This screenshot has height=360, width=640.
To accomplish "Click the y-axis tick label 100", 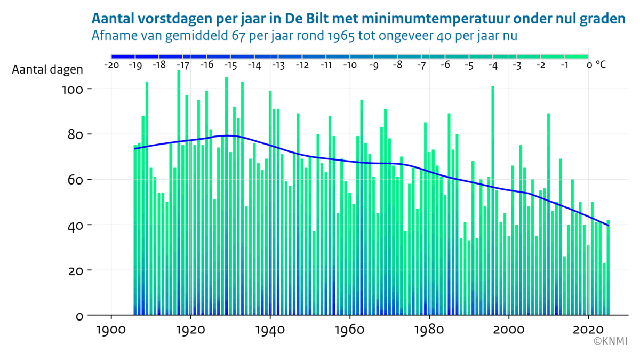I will pyautogui.click(x=73, y=89).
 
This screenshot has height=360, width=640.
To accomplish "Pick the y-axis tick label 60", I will pyautogui.click(x=76, y=179).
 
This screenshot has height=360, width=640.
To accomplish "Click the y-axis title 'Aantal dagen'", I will pyautogui.click(x=47, y=70).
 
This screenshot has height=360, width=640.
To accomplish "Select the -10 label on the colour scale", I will pyautogui.click(x=349, y=65).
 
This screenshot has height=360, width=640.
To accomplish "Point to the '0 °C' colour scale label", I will pyautogui.click(x=596, y=65).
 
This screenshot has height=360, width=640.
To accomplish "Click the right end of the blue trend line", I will pyautogui.click(x=608, y=225).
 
